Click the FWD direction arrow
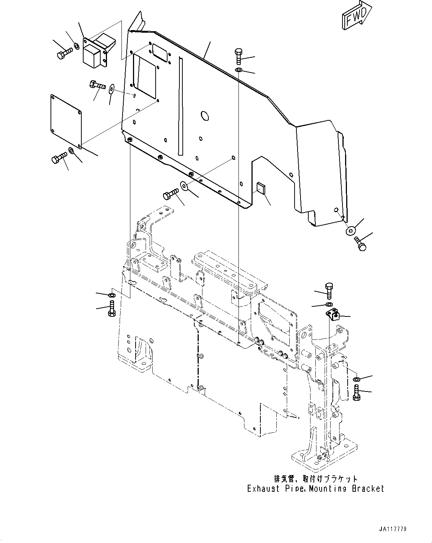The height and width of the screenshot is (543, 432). [355, 15]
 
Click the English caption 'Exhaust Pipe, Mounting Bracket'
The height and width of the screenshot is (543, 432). [316, 488]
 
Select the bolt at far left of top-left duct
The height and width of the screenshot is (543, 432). [64, 54]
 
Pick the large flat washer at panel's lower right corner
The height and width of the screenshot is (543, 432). [350, 231]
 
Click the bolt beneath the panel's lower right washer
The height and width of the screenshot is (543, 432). [360, 244]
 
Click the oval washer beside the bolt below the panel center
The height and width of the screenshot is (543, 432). [184, 185]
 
